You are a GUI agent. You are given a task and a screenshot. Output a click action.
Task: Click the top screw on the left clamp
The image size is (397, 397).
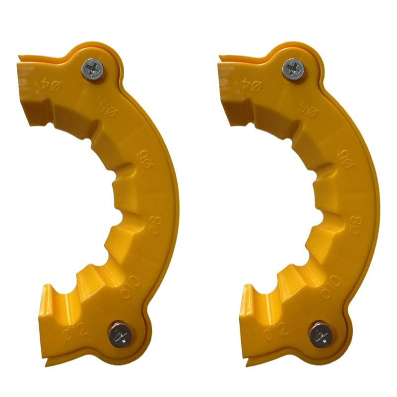point(93,67)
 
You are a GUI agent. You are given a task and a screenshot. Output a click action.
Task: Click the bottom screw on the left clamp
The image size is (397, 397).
point(119,334)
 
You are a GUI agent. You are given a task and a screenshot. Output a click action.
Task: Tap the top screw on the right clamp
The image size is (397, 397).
point(294,67)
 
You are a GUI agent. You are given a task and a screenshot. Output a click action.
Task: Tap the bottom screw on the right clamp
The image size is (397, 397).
point(320,334)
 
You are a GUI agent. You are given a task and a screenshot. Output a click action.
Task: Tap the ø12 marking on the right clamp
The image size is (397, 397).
point(279,327)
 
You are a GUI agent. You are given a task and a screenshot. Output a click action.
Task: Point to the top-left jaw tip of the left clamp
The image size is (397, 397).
point(21,57)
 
